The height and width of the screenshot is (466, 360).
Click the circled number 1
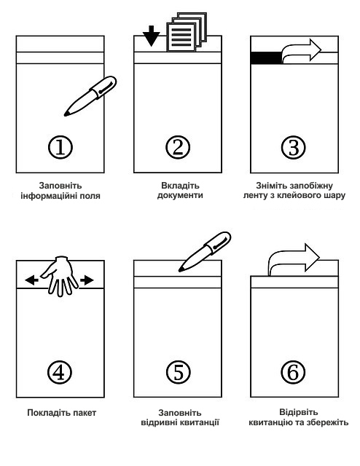pos(60,147)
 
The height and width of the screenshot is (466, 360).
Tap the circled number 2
pos(178,147)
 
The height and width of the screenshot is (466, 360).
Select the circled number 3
pos(294,147)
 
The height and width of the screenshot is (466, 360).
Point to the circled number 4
pos(60,372)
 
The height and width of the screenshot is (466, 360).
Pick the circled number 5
pos(178,372)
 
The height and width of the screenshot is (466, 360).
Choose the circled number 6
pos(294,372)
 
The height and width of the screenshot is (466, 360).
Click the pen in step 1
pos(90,96)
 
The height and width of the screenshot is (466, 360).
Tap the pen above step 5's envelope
pos(205,252)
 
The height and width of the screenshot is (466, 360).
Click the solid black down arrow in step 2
pos(151,36)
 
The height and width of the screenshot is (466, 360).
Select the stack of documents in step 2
pos(187,32)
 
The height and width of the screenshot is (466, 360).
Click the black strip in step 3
pos(266,58)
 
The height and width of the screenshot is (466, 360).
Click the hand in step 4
pos(59,276)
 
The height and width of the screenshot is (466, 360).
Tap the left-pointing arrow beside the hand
pos(31,280)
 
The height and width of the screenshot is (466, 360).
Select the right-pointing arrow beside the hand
pos(87,280)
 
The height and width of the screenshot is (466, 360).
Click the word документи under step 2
pos(180,196)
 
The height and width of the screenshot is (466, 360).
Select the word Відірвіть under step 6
pos(298,412)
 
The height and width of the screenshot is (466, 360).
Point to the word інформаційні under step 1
pos(48,196)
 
